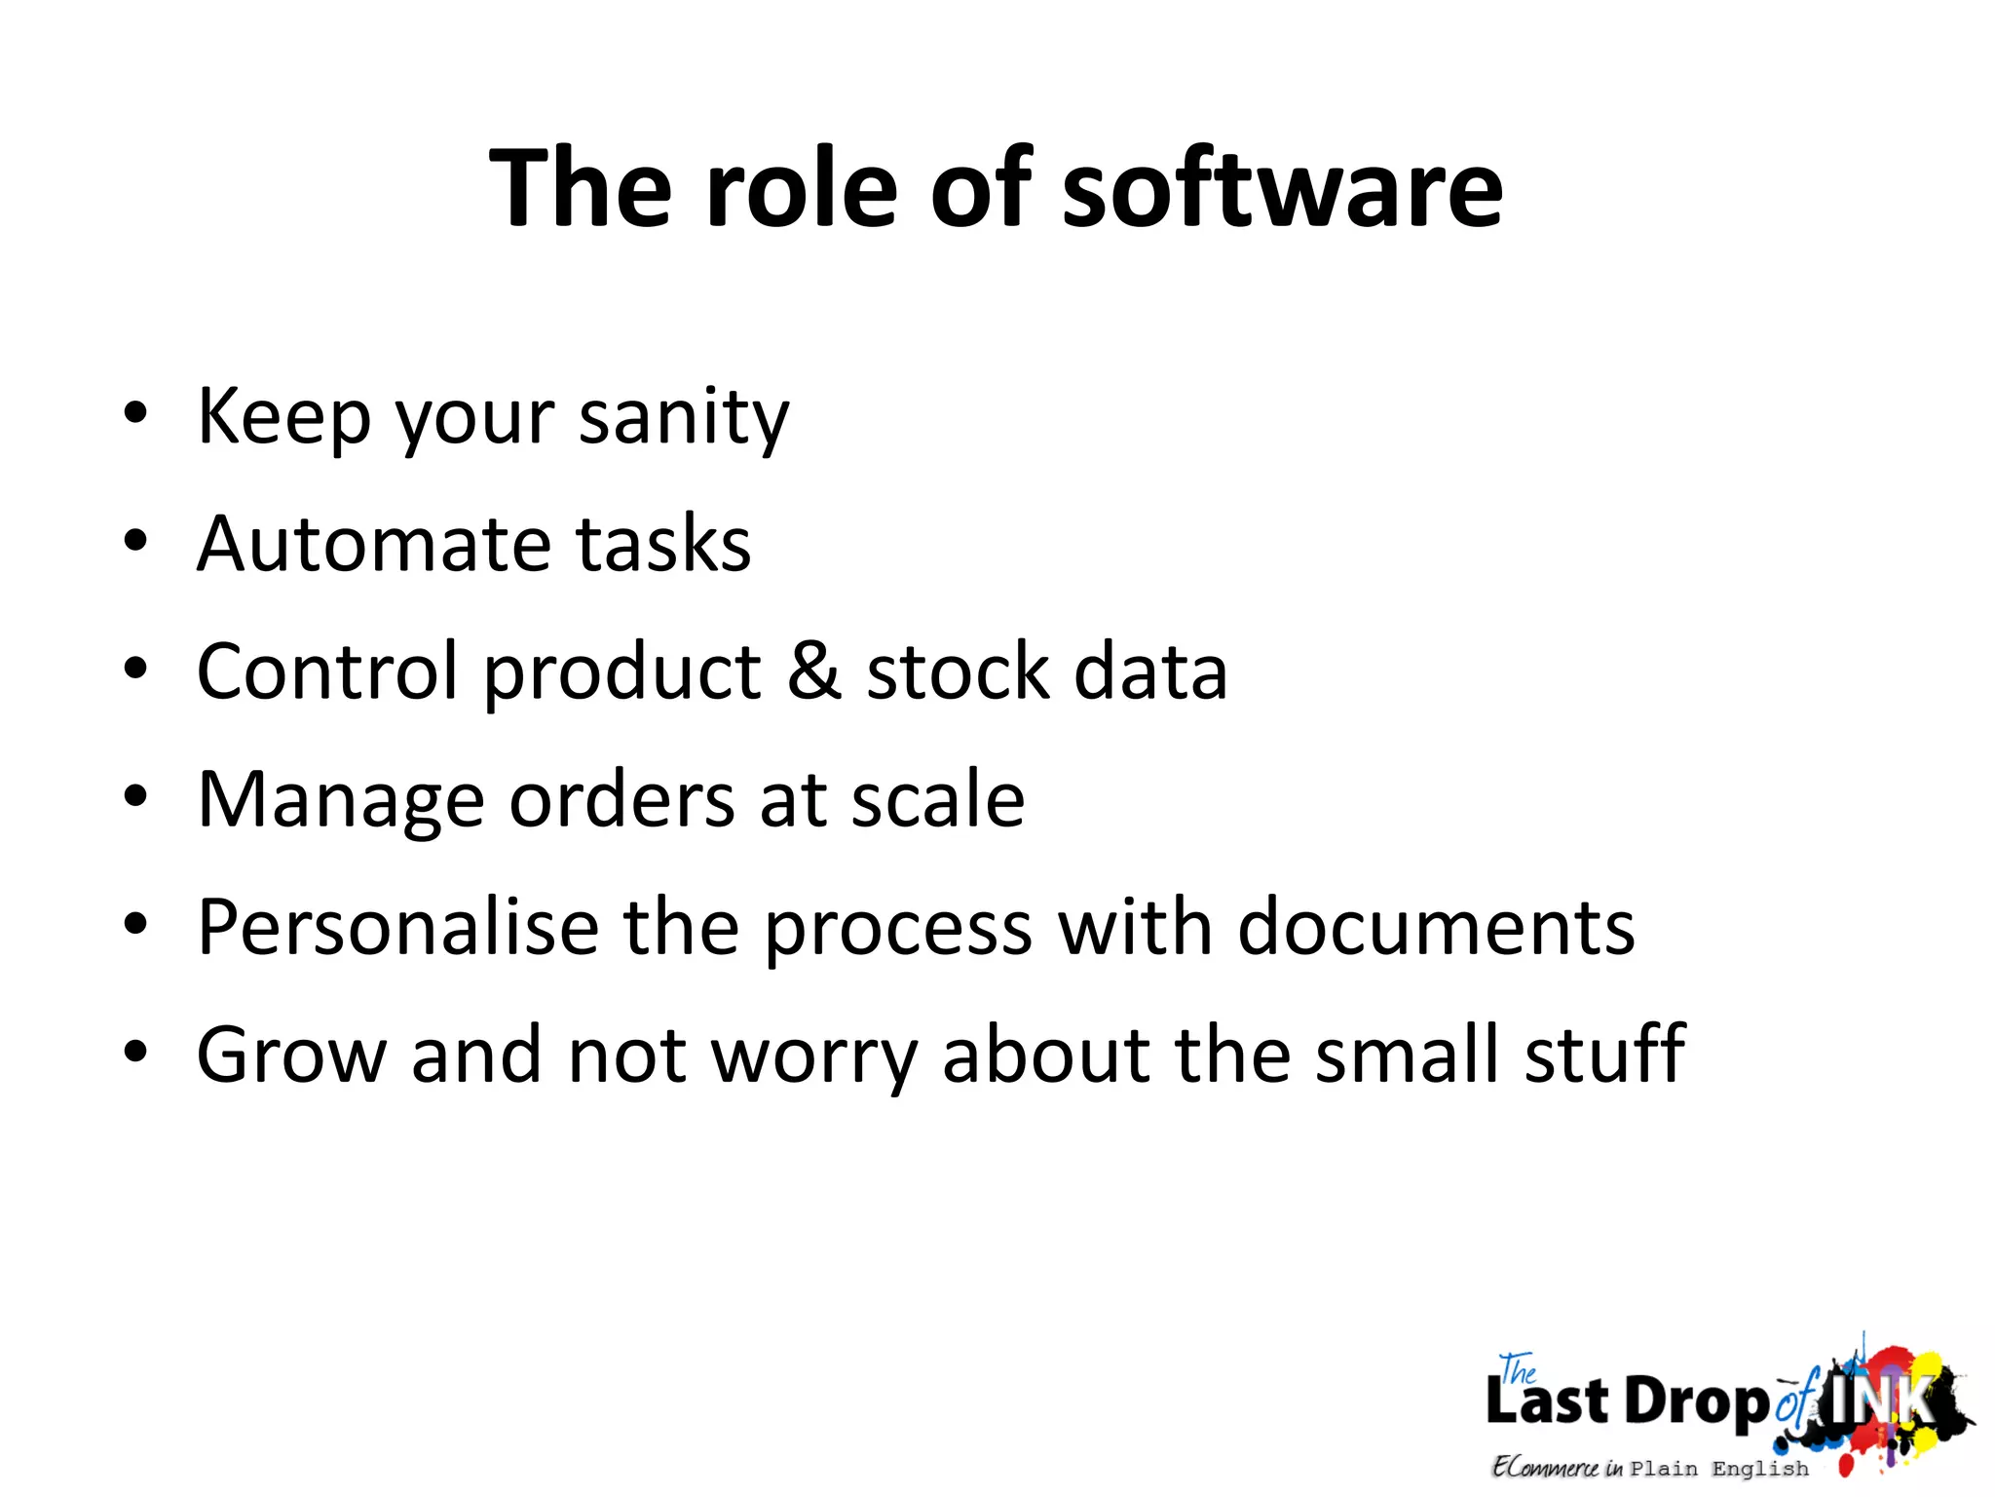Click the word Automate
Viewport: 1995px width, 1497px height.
tap(373, 543)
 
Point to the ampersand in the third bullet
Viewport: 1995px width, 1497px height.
tap(813, 671)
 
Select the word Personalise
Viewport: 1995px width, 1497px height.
tap(397, 927)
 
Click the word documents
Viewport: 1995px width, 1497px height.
tap(1436, 927)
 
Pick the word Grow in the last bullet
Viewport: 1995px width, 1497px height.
tap(291, 1055)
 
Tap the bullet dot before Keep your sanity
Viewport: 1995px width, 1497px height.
tap(135, 413)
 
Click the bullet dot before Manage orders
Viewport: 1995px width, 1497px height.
tap(135, 796)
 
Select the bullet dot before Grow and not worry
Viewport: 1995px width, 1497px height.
tap(135, 1052)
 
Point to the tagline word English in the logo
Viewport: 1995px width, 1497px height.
tap(1759, 1469)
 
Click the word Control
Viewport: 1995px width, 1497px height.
tap(327, 671)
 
